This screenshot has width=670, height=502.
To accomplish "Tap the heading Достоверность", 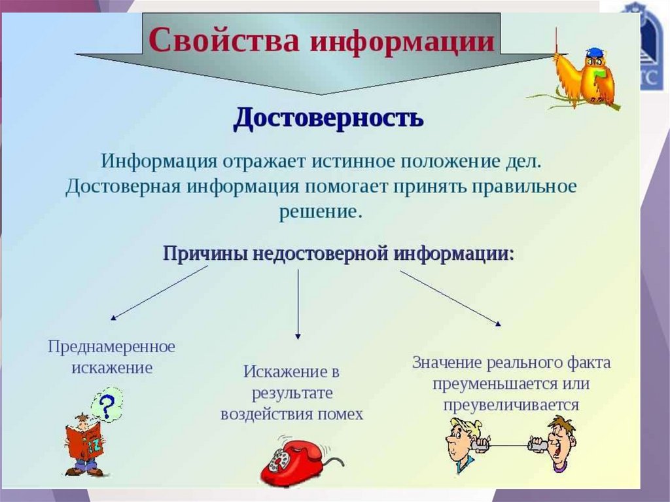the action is pyautogui.click(x=328, y=118).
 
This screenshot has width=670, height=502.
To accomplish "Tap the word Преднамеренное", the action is pyautogui.click(x=111, y=346).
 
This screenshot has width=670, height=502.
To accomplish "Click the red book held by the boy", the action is pyautogui.click(x=85, y=440).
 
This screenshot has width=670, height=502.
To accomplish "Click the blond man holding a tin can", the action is pyautogui.click(x=463, y=442).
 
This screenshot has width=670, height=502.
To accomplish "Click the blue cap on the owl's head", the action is pyautogui.click(x=594, y=52).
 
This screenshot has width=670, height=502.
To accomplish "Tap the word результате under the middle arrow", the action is pyautogui.click(x=292, y=393).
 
